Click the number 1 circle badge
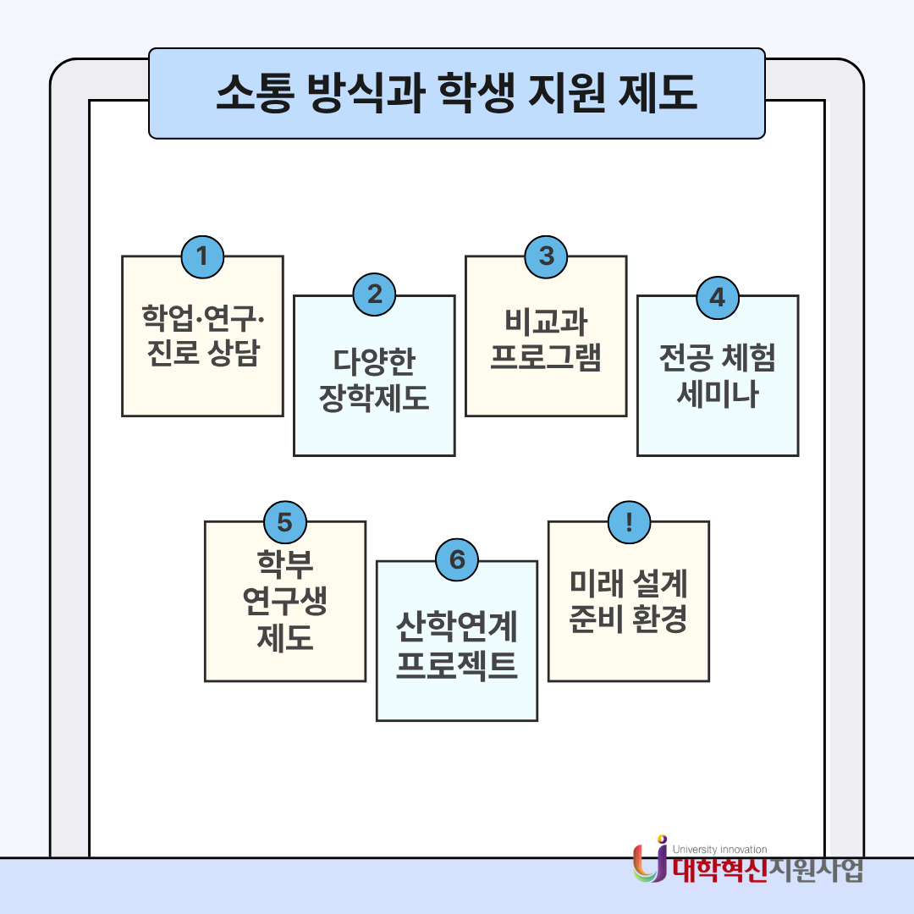202,257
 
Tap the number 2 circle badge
374,295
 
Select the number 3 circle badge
546,257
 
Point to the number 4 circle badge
718,298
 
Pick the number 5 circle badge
285,522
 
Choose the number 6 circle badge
457,559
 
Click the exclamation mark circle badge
629,522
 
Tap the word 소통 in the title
254,93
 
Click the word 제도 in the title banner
658,93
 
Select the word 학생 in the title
476,93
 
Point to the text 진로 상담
203,352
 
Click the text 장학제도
374,398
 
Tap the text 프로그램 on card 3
546,357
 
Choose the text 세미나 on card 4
718,394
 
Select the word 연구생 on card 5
285,601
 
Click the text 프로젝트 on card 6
457,664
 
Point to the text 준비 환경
628,619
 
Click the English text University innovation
720,850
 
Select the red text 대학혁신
720,870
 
